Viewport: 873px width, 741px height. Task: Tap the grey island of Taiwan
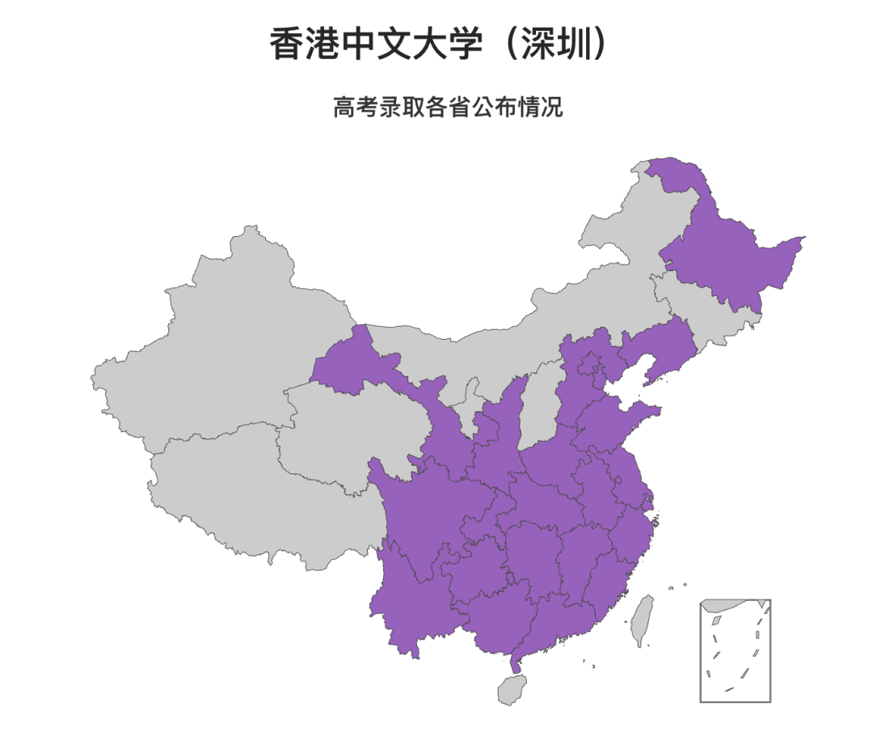click(643, 620)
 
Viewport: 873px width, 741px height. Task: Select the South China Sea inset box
click(735, 650)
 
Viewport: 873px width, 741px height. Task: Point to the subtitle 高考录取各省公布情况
click(448, 108)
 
